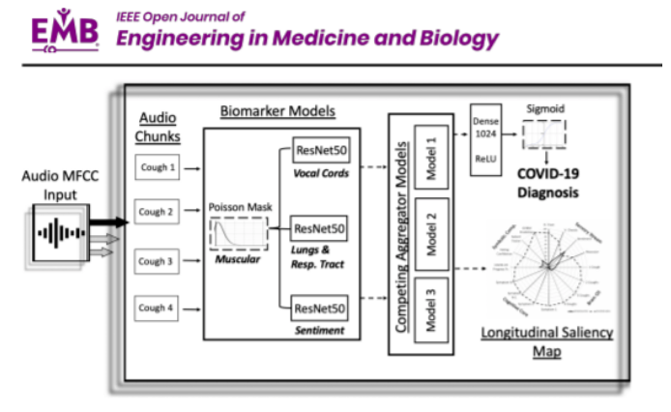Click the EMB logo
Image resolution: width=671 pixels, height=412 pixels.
(x=65, y=31)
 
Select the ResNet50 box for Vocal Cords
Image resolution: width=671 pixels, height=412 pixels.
(x=319, y=152)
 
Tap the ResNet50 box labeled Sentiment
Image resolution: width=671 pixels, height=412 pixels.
(x=319, y=309)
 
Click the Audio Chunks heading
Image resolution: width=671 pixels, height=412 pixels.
(x=157, y=127)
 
